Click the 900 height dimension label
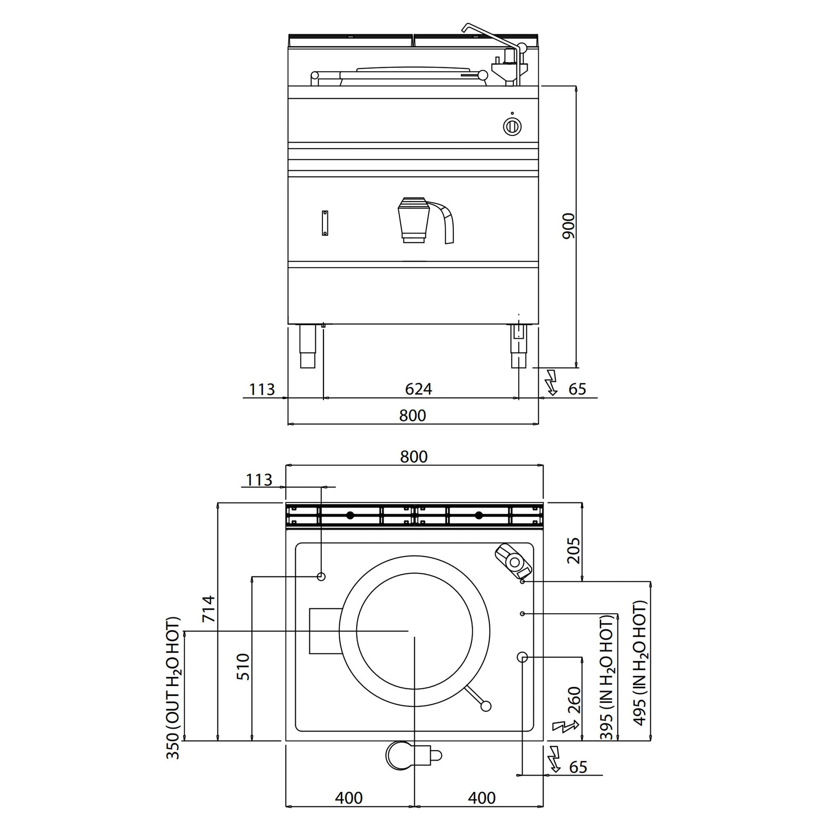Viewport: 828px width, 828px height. click(x=569, y=226)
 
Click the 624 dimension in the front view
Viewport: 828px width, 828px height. click(x=418, y=389)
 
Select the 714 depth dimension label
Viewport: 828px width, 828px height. click(x=209, y=609)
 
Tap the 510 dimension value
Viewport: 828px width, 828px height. click(x=243, y=667)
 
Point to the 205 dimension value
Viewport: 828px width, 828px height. click(x=573, y=551)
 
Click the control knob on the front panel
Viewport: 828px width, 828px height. click(x=512, y=126)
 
